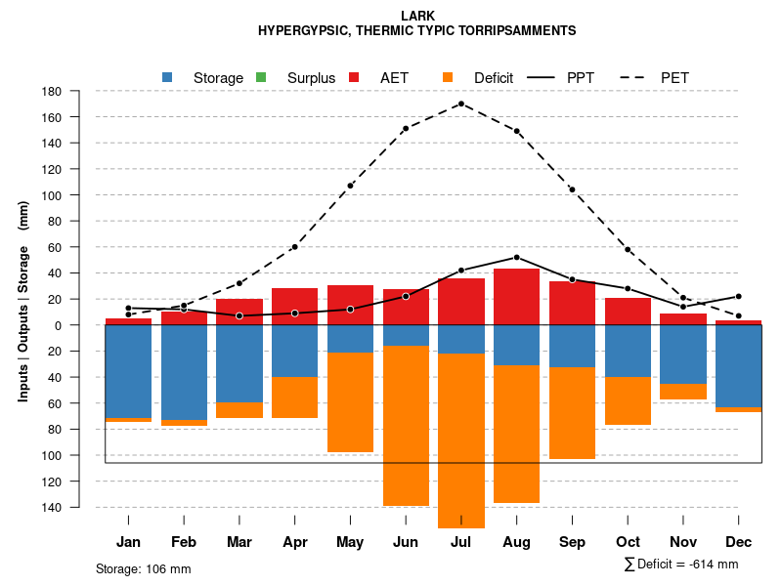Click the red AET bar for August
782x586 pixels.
(517, 297)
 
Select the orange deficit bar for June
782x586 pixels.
(406, 426)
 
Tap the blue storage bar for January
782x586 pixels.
(128, 371)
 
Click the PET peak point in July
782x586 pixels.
(461, 104)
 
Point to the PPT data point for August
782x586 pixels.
(517, 258)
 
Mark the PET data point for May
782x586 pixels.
(350, 186)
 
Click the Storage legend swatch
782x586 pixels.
(168, 77)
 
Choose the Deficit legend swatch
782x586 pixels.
(448, 77)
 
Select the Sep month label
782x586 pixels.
(572, 542)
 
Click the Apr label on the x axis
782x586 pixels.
(294, 542)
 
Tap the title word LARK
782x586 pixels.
(417, 16)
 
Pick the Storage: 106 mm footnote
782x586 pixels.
(143, 568)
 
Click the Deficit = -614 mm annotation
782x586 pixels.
(681, 565)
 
